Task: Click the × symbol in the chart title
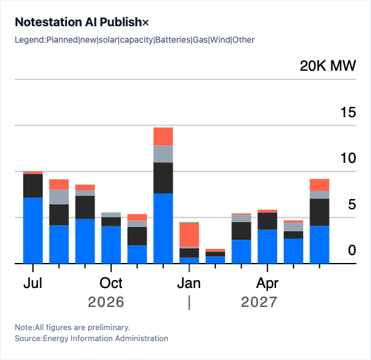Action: (x=145, y=23)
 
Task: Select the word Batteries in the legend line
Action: (x=173, y=40)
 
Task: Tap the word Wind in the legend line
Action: (x=220, y=40)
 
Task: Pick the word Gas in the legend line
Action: (x=200, y=40)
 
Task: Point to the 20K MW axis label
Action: (x=328, y=65)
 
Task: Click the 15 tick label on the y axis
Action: (x=348, y=112)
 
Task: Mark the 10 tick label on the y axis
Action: (x=348, y=158)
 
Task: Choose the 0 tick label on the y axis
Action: (x=352, y=250)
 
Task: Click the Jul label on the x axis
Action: (x=33, y=283)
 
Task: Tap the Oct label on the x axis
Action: (x=111, y=283)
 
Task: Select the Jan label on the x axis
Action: (x=189, y=283)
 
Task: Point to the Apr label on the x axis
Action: (x=267, y=284)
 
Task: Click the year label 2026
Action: (x=106, y=302)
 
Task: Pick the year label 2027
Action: (x=259, y=302)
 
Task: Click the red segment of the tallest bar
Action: (x=164, y=137)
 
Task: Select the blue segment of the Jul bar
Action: (x=33, y=231)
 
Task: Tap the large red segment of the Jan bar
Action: (x=189, y=235)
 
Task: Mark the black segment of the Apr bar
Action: (x=267, y=221)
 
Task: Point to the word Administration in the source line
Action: (x=142, y=339)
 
